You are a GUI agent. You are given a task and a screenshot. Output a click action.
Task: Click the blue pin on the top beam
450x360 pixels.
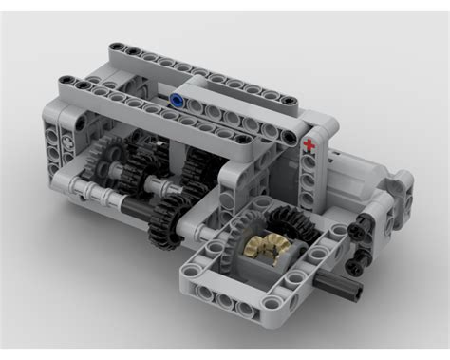[177, 98]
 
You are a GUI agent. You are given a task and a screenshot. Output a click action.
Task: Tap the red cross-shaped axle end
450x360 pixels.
[309, 145]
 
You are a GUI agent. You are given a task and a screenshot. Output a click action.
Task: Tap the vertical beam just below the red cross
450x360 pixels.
[309, 180]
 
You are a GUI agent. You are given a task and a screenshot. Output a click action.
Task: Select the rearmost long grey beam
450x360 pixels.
[199, 64]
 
